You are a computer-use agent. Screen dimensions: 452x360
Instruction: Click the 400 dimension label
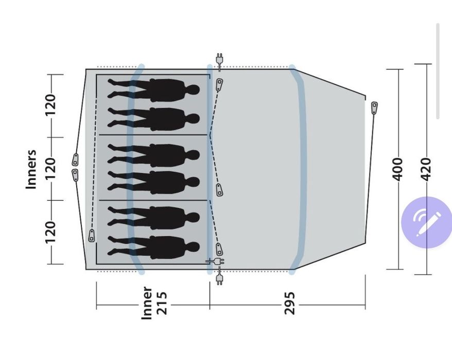397,169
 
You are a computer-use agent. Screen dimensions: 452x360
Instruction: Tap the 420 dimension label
426,169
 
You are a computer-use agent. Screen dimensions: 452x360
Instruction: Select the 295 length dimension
290,303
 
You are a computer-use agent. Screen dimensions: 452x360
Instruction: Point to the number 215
162,303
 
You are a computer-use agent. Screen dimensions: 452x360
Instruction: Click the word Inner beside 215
147,303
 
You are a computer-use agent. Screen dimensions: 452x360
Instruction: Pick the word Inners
31,169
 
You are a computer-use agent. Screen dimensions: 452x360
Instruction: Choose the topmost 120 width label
50,105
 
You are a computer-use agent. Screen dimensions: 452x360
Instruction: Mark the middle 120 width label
50,169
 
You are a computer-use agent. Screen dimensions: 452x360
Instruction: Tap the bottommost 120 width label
50,232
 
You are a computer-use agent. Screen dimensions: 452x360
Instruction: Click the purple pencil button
427,222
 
